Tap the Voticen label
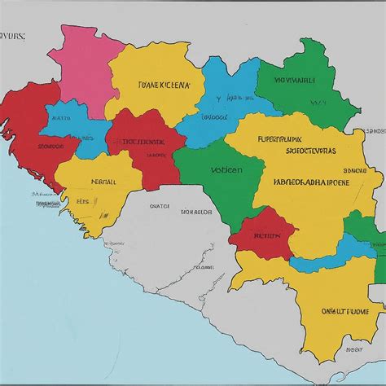(226, 172)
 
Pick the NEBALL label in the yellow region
(103, 182)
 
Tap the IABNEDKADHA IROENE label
(311, 182)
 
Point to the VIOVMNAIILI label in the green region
(294, 81)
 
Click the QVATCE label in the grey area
(160, 207)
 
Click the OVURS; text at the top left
(13, 36)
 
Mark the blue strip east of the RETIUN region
(350, 247)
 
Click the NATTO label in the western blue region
(60, 117)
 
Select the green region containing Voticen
(216, 183)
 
